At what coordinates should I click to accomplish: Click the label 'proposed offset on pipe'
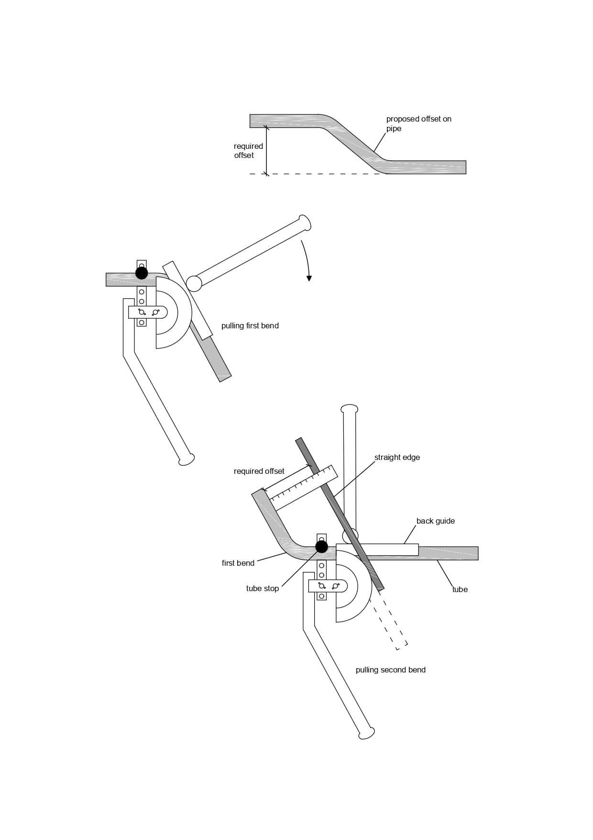[x=418, y=123]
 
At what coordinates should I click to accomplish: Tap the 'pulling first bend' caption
[x=250, y=326]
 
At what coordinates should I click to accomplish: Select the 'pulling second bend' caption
[x=390, y=670]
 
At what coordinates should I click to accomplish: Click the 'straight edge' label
[x=397, y=458]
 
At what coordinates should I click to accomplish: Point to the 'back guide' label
[x=435, y=521]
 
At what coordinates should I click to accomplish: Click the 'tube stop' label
[x=262, y=589]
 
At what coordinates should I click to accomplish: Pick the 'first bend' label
[x=238, y=563]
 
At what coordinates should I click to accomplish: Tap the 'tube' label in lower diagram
[x=460, y=590]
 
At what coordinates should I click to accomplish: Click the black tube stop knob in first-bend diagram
[x=142, y=273]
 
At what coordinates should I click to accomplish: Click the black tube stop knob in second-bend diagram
[x=321, y=547]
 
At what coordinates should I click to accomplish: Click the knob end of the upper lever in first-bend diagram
[x=304, y=223]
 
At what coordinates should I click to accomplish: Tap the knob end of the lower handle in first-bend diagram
[x=187, y=459]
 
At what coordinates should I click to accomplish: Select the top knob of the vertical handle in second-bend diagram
[x=349, y=409]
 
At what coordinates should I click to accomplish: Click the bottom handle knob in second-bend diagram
[x=366, y=733]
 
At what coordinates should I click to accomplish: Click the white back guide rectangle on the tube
[x=377, y=549]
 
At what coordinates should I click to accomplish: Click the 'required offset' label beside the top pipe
[x=248, y=151]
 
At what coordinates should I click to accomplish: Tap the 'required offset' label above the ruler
[x=259, y=471]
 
